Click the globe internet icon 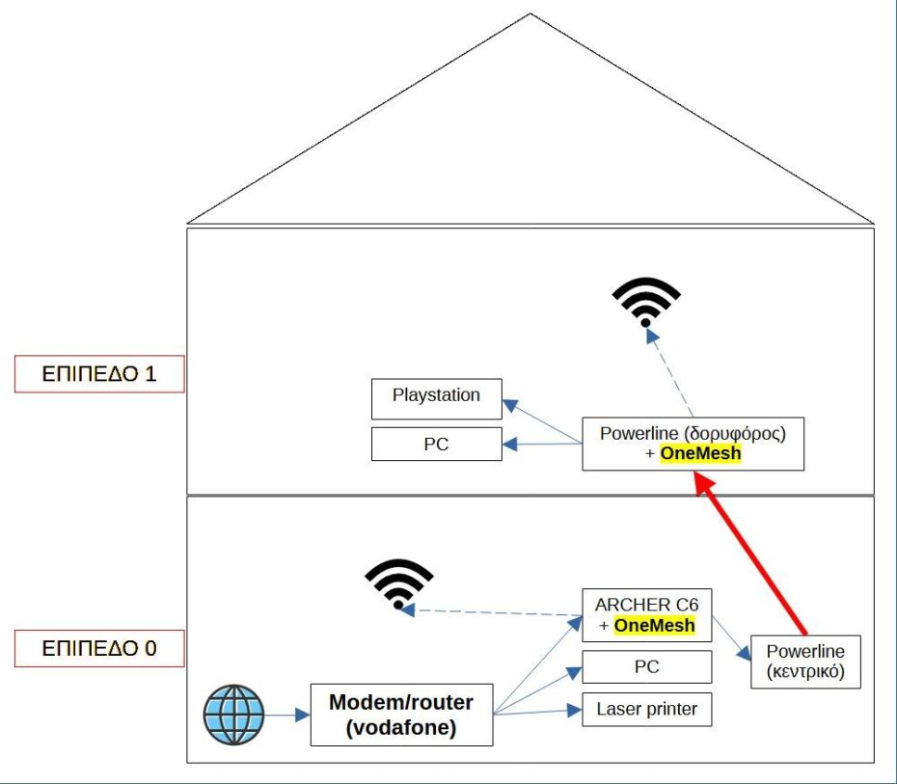[233, 716]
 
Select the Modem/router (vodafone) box [401, 715]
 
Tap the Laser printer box [646, 710]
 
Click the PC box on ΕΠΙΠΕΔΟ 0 [646, 666]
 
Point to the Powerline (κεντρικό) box [805, 662]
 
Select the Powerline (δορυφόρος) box [693, 444]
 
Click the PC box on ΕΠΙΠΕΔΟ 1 [436, 445]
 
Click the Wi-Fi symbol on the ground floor [398, 582]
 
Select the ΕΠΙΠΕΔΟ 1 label [99, 374]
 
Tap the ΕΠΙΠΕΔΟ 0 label [99, 648]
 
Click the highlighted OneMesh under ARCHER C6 [654, 625]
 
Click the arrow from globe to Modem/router [286, 716]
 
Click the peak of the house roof [530, 14]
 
